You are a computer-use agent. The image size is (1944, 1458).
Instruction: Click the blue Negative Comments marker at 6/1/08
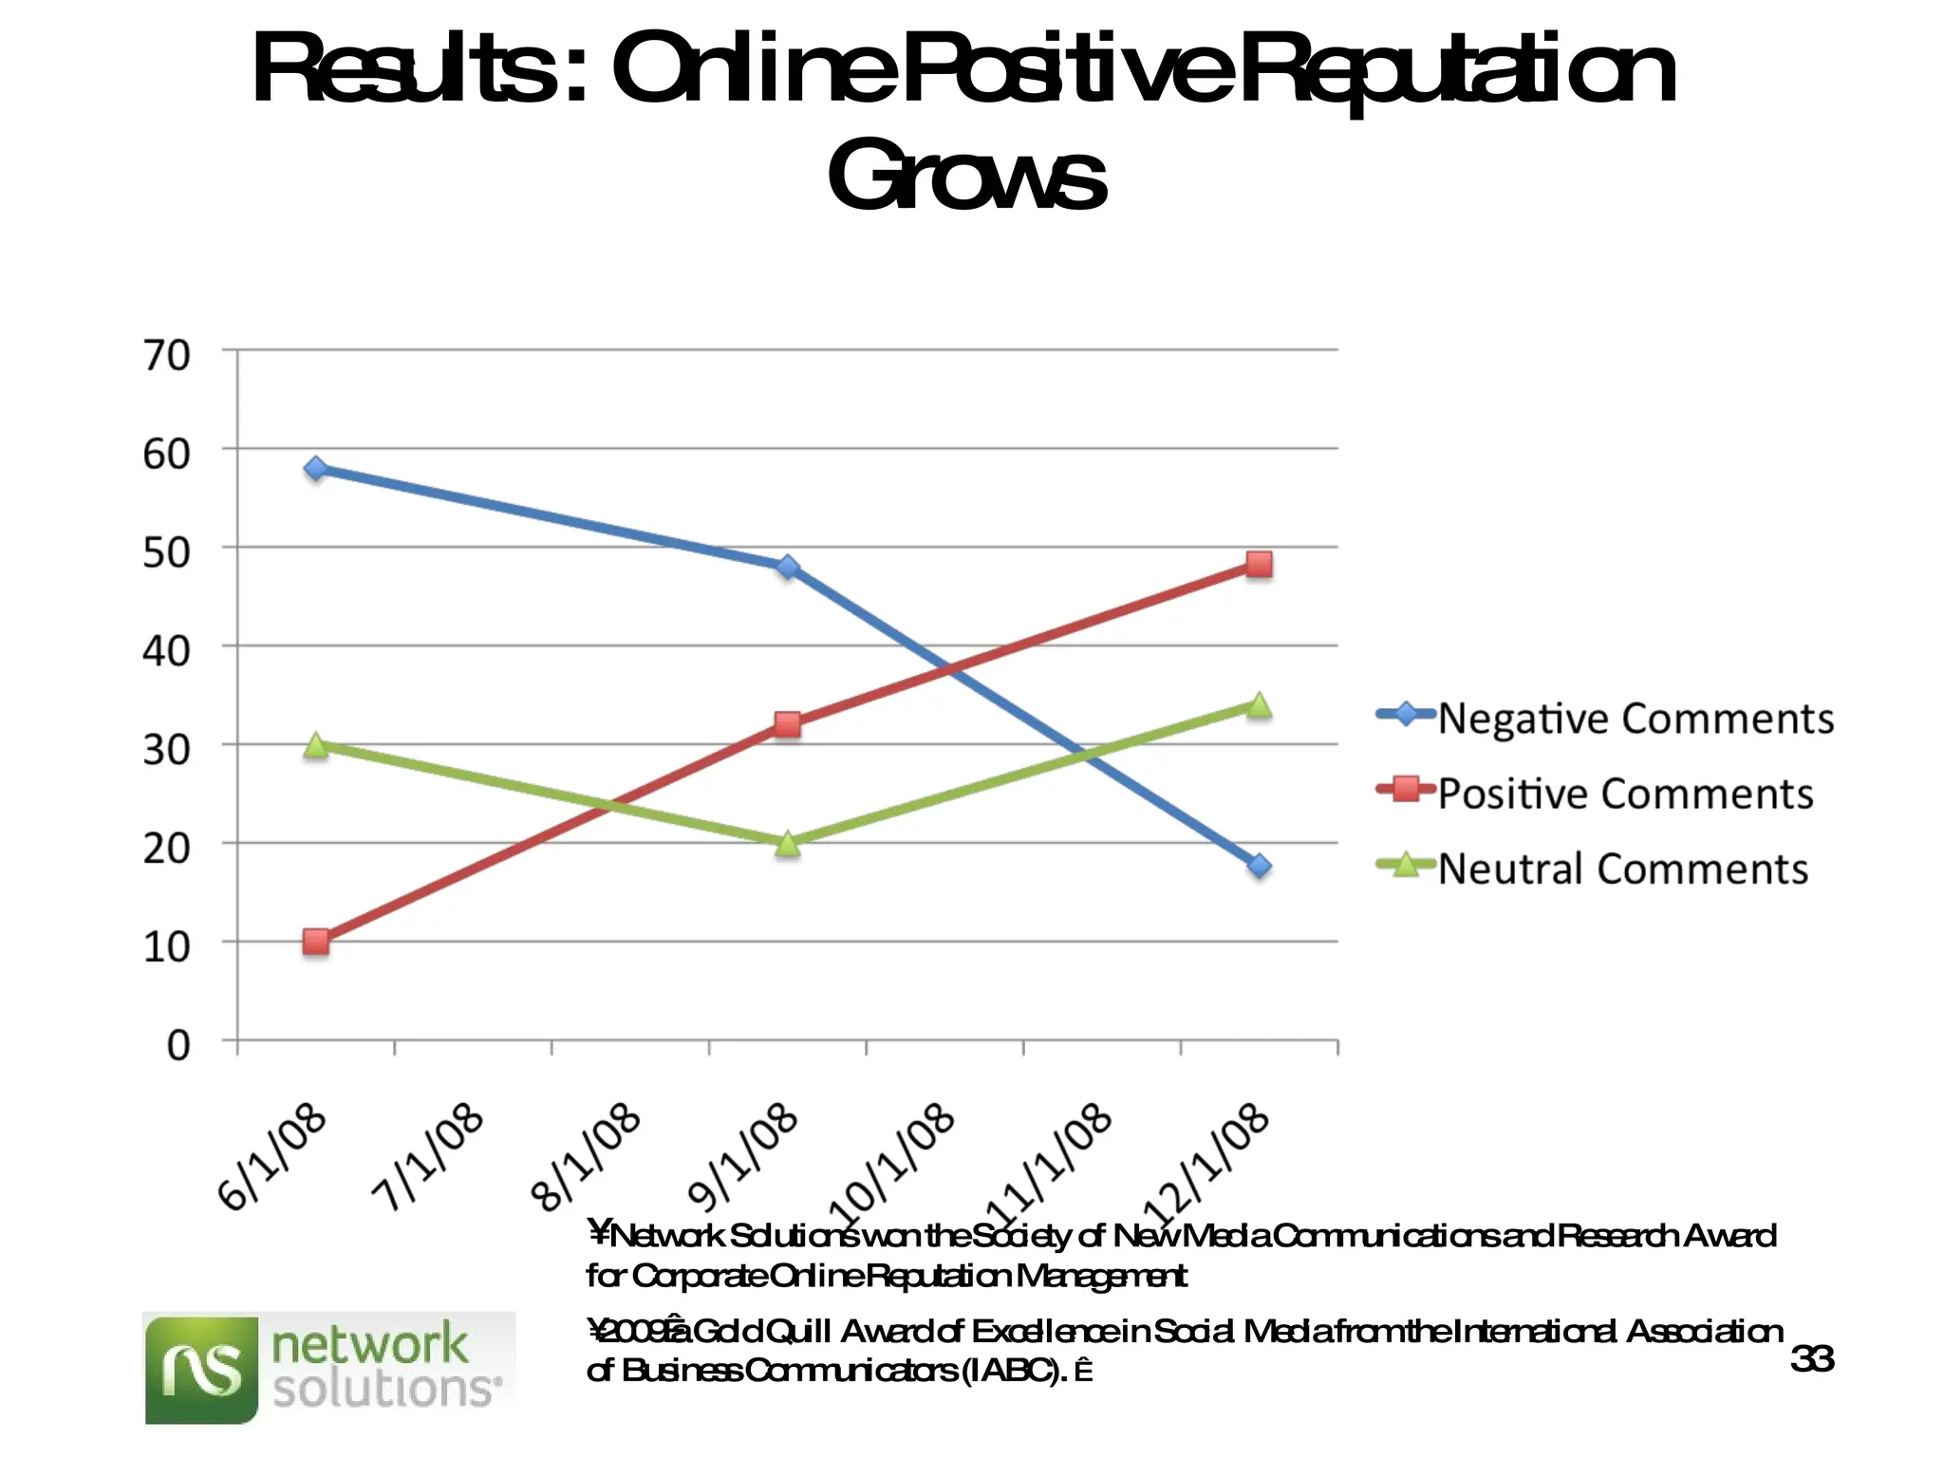point(316,468)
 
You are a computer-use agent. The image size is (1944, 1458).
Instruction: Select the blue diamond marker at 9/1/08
point(787,567)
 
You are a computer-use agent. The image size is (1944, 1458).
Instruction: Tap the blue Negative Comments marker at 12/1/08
point(1259,866)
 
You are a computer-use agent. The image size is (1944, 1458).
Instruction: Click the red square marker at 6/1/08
point(316,942)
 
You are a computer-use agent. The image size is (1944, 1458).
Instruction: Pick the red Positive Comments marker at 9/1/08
point(787,725)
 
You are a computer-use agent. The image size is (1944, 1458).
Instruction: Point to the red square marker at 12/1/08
point(1259,565)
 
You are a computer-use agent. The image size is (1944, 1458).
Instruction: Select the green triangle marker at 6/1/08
point(316,744)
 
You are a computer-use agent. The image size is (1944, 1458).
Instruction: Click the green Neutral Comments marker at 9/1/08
point(787,843)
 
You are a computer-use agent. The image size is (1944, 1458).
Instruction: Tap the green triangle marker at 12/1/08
point(1259,705)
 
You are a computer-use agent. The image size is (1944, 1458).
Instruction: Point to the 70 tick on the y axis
point(167,356)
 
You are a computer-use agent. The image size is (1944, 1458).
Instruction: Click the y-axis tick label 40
point(167,651)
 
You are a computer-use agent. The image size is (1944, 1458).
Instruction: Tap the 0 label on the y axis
point(178,1045)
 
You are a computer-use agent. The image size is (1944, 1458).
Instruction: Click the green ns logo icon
point(201,1370)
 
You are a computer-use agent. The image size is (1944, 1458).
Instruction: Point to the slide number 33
point(1811,1359)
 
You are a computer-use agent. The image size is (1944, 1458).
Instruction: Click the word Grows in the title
point(966,177)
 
